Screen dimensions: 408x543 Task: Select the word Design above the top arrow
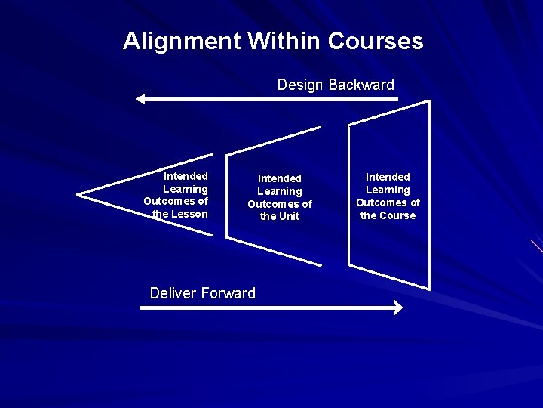click(x=300, y=85)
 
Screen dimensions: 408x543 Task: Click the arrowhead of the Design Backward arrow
click(x=140, y=99)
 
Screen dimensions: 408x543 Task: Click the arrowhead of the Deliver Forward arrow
click(x=398, y=308)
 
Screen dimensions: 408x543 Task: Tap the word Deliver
click(x=173, y=293)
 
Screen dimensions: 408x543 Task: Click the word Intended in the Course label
click(x=388, y=177)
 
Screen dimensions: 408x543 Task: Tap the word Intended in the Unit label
click(x=279, y=178)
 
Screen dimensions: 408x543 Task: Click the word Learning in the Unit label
click(x=279, y=191)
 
